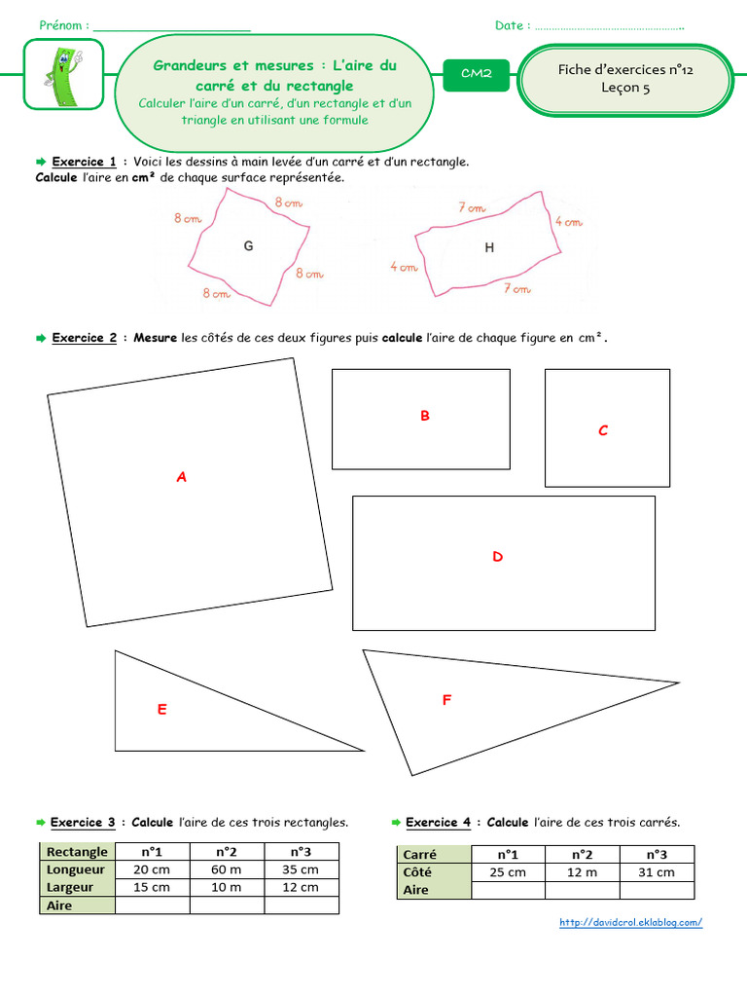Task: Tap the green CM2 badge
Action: click(476, 74)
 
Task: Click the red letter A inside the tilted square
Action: click(181, 478)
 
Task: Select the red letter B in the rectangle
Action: click(424, 416)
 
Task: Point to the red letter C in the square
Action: click(603, 430)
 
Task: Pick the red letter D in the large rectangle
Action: click(497, 557)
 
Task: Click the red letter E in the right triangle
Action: click(162, 710)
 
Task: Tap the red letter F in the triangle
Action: click(446, 699)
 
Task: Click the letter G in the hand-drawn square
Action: click(249, 247)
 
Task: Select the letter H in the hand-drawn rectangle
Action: click(489, 248)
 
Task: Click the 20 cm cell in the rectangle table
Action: click(152, 869)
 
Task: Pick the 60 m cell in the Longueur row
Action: click(227, 869)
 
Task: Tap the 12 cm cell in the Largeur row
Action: click(302, 887)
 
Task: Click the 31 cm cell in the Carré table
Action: click(657, 872)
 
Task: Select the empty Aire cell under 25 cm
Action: click(508, 890)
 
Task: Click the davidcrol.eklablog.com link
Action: click(631, 923)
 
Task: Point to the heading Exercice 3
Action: click(83, 823)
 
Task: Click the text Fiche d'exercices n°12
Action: click(625, 69)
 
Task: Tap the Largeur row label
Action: click(70, 887)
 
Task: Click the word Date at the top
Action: click(510, 25)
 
